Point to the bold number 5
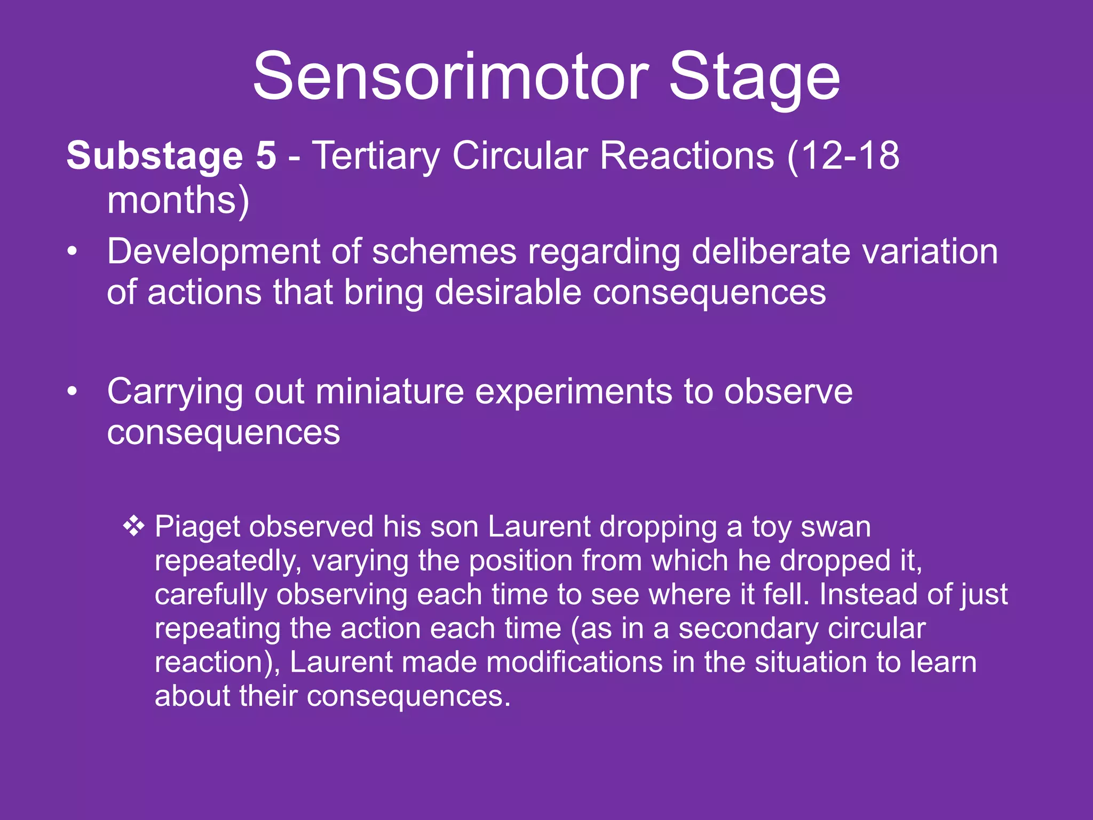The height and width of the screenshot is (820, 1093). point(266,155)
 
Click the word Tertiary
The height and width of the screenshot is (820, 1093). point(376,156)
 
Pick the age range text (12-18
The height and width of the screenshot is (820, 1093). point(843,155)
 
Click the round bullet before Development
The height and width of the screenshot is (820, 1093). point(73,251)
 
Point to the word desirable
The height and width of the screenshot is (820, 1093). point(508,293)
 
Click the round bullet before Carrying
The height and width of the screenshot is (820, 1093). point(73,392)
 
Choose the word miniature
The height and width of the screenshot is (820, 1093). point(390,392)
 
